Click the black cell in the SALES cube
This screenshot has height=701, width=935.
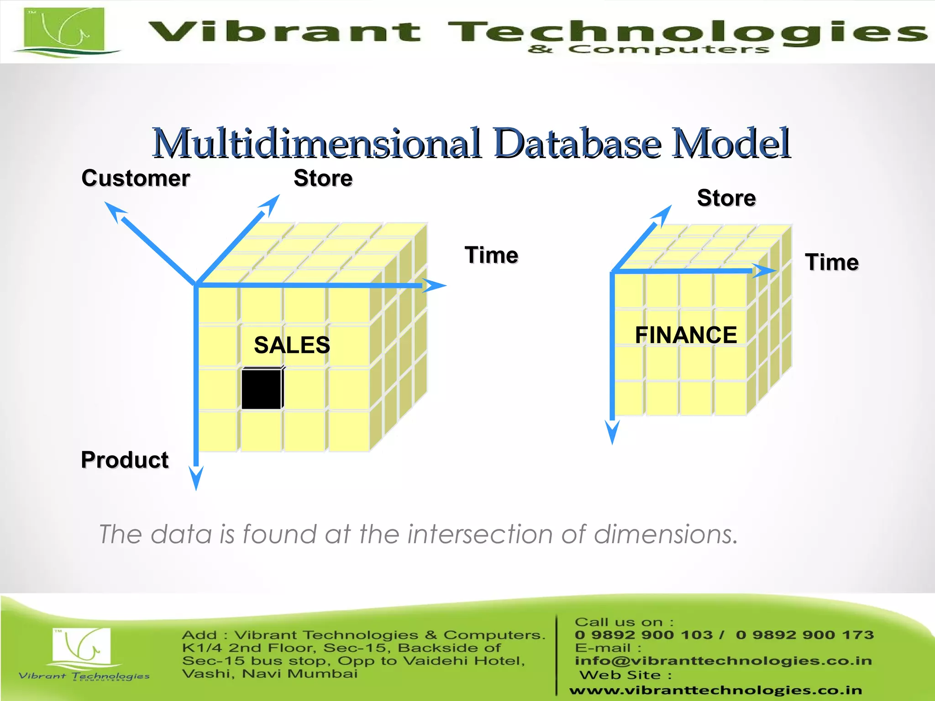point(262,389)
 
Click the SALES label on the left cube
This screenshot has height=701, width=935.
point(292,345)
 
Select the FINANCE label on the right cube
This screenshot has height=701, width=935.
point(686,335)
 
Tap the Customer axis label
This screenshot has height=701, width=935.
point(136,178)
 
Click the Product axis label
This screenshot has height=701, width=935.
point(125,460)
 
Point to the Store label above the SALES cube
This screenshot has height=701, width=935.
point(323,178)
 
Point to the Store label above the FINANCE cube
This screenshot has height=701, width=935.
point(726,198)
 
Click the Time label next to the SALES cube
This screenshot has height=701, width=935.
point(492,255)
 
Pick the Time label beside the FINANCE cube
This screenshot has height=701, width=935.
point(832,262)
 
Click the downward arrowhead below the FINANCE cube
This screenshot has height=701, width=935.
point(612,432)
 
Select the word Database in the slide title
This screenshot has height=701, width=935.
point(578,143)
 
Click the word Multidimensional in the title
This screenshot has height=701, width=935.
point(317,143)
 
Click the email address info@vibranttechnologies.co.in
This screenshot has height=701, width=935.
point(723,660)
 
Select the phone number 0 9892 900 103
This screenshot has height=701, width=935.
point(643,635)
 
